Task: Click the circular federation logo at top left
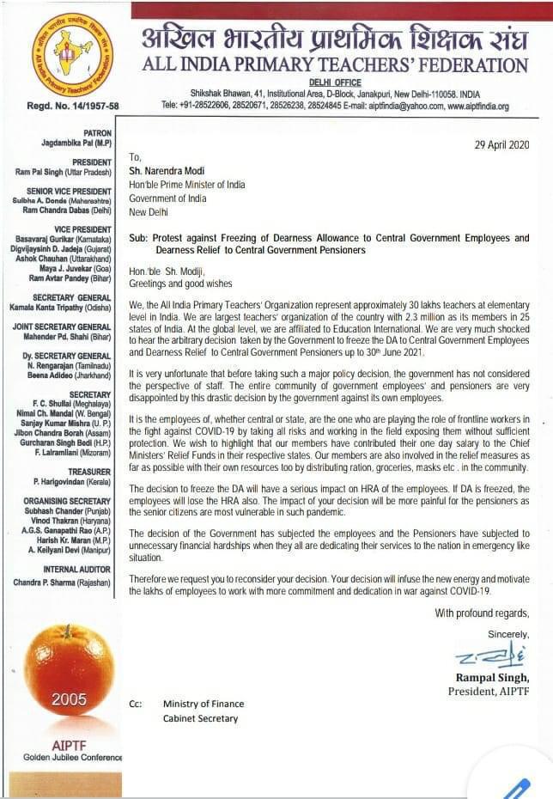click(x=75, y=54)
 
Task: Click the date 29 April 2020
click(x=501, y=144)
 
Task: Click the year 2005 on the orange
click(x=69, y=699)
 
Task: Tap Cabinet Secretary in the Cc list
click(x=200, y=718)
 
